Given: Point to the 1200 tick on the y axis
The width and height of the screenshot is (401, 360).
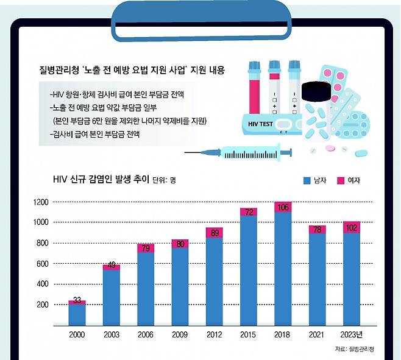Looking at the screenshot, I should coord(41,202).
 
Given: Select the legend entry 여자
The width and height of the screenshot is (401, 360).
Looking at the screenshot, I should coord(353,180).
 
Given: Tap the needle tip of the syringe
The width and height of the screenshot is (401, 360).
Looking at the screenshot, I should coord(186,152).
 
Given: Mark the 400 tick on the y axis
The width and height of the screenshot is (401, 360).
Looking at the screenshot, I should coord(43,284).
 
